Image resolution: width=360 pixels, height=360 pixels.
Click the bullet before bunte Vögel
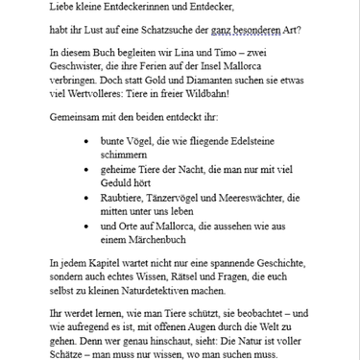click(x=88, y=141)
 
